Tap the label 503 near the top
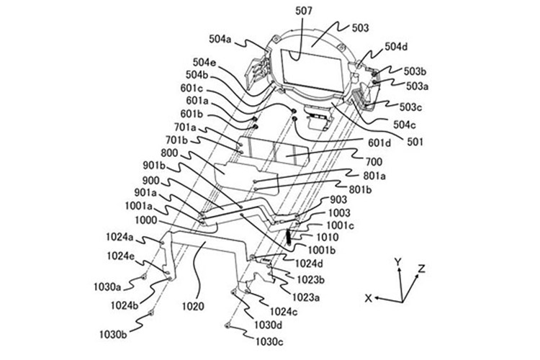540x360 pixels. tap(360, 27)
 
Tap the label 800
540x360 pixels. tap(171, 153)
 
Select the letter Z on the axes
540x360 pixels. tap(423, 269)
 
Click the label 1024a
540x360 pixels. tap(120, 235)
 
